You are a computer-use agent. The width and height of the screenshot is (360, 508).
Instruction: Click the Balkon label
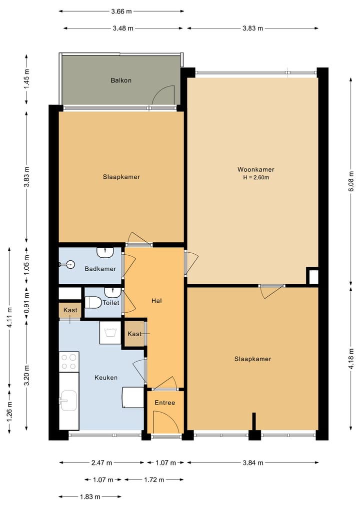121,80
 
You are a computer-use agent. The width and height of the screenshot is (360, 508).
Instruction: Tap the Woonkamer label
256,169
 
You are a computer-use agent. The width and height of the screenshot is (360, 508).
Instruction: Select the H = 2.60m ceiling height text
256,177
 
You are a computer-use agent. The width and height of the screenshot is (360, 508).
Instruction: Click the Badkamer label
100,269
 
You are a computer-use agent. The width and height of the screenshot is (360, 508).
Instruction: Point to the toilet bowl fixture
93,302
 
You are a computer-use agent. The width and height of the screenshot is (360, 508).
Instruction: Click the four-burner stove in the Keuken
69,362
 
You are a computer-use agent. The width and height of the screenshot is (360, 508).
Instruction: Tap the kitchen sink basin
68,401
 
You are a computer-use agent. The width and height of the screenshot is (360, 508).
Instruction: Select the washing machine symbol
110,332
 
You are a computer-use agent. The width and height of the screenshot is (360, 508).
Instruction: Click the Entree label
165,403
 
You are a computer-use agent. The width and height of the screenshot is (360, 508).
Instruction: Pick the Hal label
156,301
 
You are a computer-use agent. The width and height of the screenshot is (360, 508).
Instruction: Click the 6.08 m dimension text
351,181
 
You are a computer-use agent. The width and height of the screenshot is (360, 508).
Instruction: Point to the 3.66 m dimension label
121,11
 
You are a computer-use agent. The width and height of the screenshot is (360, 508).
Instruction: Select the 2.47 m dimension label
102,463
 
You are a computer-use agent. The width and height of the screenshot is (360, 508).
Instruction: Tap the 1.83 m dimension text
90,497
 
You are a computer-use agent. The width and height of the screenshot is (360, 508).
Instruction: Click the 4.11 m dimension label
9,318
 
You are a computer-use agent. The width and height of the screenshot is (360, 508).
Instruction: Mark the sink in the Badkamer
105,252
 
